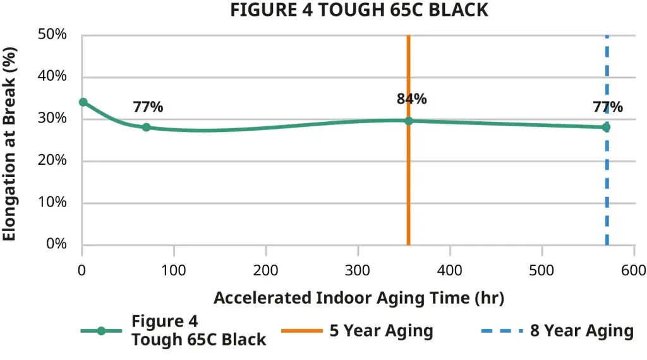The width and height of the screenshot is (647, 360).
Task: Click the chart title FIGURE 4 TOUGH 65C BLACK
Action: [x=359, y=10]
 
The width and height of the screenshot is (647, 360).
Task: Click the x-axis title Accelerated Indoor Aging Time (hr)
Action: [x=358, y=298]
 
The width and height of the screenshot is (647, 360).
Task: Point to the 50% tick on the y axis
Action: [x=52, y=35]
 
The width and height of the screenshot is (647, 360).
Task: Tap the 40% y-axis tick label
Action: [x=52, y=76]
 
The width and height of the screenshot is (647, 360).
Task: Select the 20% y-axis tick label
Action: [x=52, y=160]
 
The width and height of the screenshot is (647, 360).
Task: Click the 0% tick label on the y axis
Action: [x=56, y=244]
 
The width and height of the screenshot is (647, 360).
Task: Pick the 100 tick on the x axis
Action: [x=174, y=270]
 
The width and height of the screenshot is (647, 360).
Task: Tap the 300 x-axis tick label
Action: [x=358, y=270]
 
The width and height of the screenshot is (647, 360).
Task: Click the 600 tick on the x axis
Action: [x=634, y=270]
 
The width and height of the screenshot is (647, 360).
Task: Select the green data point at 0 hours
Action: [x=83, y=102]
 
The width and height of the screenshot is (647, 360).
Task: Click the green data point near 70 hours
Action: [x=147, y=127]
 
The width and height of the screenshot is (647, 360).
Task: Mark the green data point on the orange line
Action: [x=409, y=121]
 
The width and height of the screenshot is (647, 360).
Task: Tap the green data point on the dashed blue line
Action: [x=607, y=127]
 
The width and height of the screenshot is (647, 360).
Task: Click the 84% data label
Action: [x=411, y=99]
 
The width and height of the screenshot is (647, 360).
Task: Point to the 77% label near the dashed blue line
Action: [x=607, y=107]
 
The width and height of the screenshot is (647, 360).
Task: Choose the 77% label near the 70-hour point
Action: [x=148, y=107]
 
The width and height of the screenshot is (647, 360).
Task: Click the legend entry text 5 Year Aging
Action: [x=381, y=330]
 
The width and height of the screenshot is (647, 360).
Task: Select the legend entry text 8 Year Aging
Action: [x=581, y=330]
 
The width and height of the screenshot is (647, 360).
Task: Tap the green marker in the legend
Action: [x=101, y=331]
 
